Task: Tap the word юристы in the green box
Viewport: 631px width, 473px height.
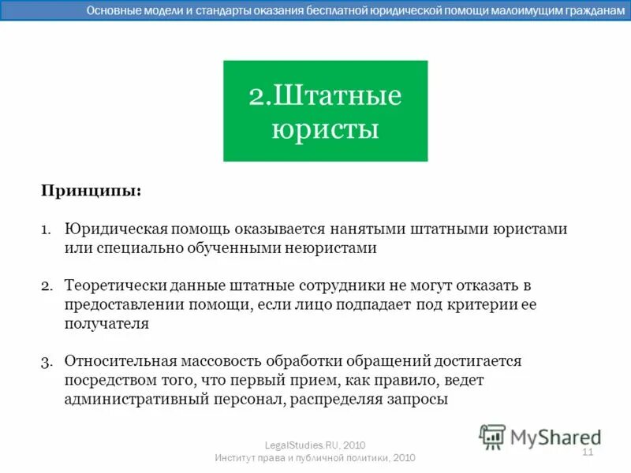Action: (x=325, y=128)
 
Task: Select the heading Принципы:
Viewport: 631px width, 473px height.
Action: (x=91, y=192)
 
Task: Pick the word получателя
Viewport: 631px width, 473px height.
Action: (x=106, y=322)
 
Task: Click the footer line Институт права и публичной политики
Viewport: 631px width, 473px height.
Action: (x=315, y=458)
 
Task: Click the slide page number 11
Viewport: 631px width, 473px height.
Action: (x=587, y=452)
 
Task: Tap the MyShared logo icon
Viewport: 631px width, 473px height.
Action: (x=493, y=436)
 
